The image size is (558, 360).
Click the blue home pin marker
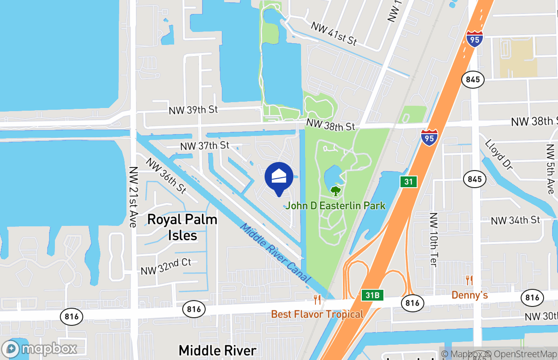click(279, 177)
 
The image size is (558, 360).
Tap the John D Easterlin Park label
click(336, 206)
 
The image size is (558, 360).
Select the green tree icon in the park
click(335, 191)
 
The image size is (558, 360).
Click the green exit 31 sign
click(408, 182)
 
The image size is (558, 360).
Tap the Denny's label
click(469, 295)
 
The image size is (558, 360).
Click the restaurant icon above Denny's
click(469, 280)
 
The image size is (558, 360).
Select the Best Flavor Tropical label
click(317, 314)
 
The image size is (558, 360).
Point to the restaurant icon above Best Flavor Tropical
click(317, 299)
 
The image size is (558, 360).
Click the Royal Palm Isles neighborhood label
click(182, 227)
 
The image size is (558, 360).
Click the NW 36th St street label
click(165, 175)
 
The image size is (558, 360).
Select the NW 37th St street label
click(205, 146)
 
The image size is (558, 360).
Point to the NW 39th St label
click(193, 110)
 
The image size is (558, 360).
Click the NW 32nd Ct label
click(166, 267)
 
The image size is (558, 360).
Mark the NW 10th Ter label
click(434, 239)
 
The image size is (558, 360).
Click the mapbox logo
click(40, 349)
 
